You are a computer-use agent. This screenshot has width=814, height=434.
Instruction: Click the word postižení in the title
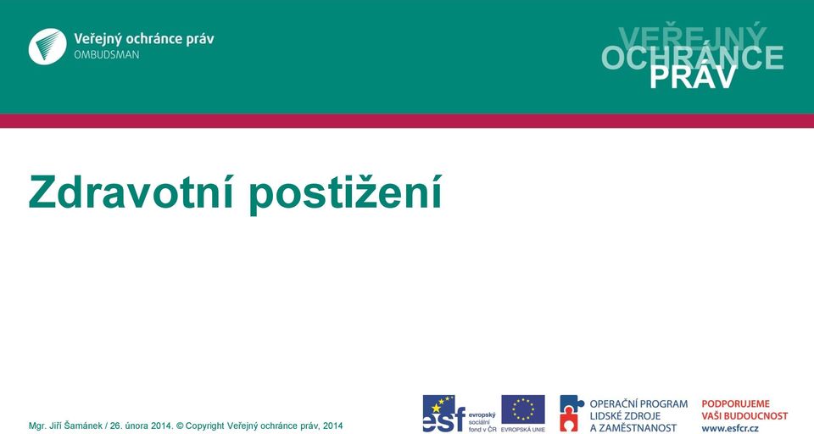tap(345, 194)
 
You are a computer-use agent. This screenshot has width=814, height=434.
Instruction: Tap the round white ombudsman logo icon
tap(47, 47)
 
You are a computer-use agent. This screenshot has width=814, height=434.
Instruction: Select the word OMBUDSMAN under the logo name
tap(107, 55)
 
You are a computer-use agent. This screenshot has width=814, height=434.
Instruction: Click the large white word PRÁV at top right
tap(693, 78)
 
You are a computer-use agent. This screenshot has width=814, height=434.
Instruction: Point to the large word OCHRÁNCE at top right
tap(693, 58)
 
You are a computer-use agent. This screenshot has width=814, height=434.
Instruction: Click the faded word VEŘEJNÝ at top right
tap(693, 36)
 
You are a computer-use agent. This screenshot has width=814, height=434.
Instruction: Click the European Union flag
tap(523, 409)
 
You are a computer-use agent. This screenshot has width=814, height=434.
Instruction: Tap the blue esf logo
tap(443, 414)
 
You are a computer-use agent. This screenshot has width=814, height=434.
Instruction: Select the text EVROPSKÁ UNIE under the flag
tap(523, 429)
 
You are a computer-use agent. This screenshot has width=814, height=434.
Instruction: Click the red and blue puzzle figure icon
tap(571, 414)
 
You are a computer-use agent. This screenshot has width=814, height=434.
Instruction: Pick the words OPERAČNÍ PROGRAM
tap(638, 403)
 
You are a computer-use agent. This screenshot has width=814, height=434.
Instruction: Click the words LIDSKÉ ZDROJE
tap(625, 416)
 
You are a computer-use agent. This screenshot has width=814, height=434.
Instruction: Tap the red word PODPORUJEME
tap(736, 403)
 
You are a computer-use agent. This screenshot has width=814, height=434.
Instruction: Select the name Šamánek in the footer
tap(84, 426)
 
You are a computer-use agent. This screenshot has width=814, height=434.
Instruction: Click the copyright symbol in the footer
tap(180, 426)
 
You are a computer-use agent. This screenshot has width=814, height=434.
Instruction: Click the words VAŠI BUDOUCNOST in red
tap(744, 416)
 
